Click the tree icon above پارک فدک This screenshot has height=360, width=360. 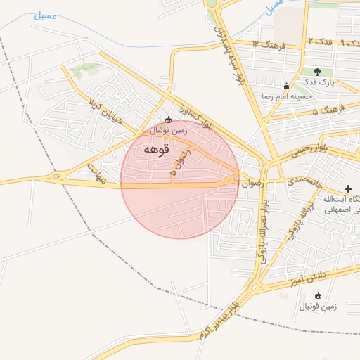(x=317, y=72)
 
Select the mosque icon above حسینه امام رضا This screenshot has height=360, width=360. (x=285, y=85)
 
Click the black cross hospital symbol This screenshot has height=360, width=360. (x=349, y=188)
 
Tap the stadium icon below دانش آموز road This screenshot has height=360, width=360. (x=318, y=295)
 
